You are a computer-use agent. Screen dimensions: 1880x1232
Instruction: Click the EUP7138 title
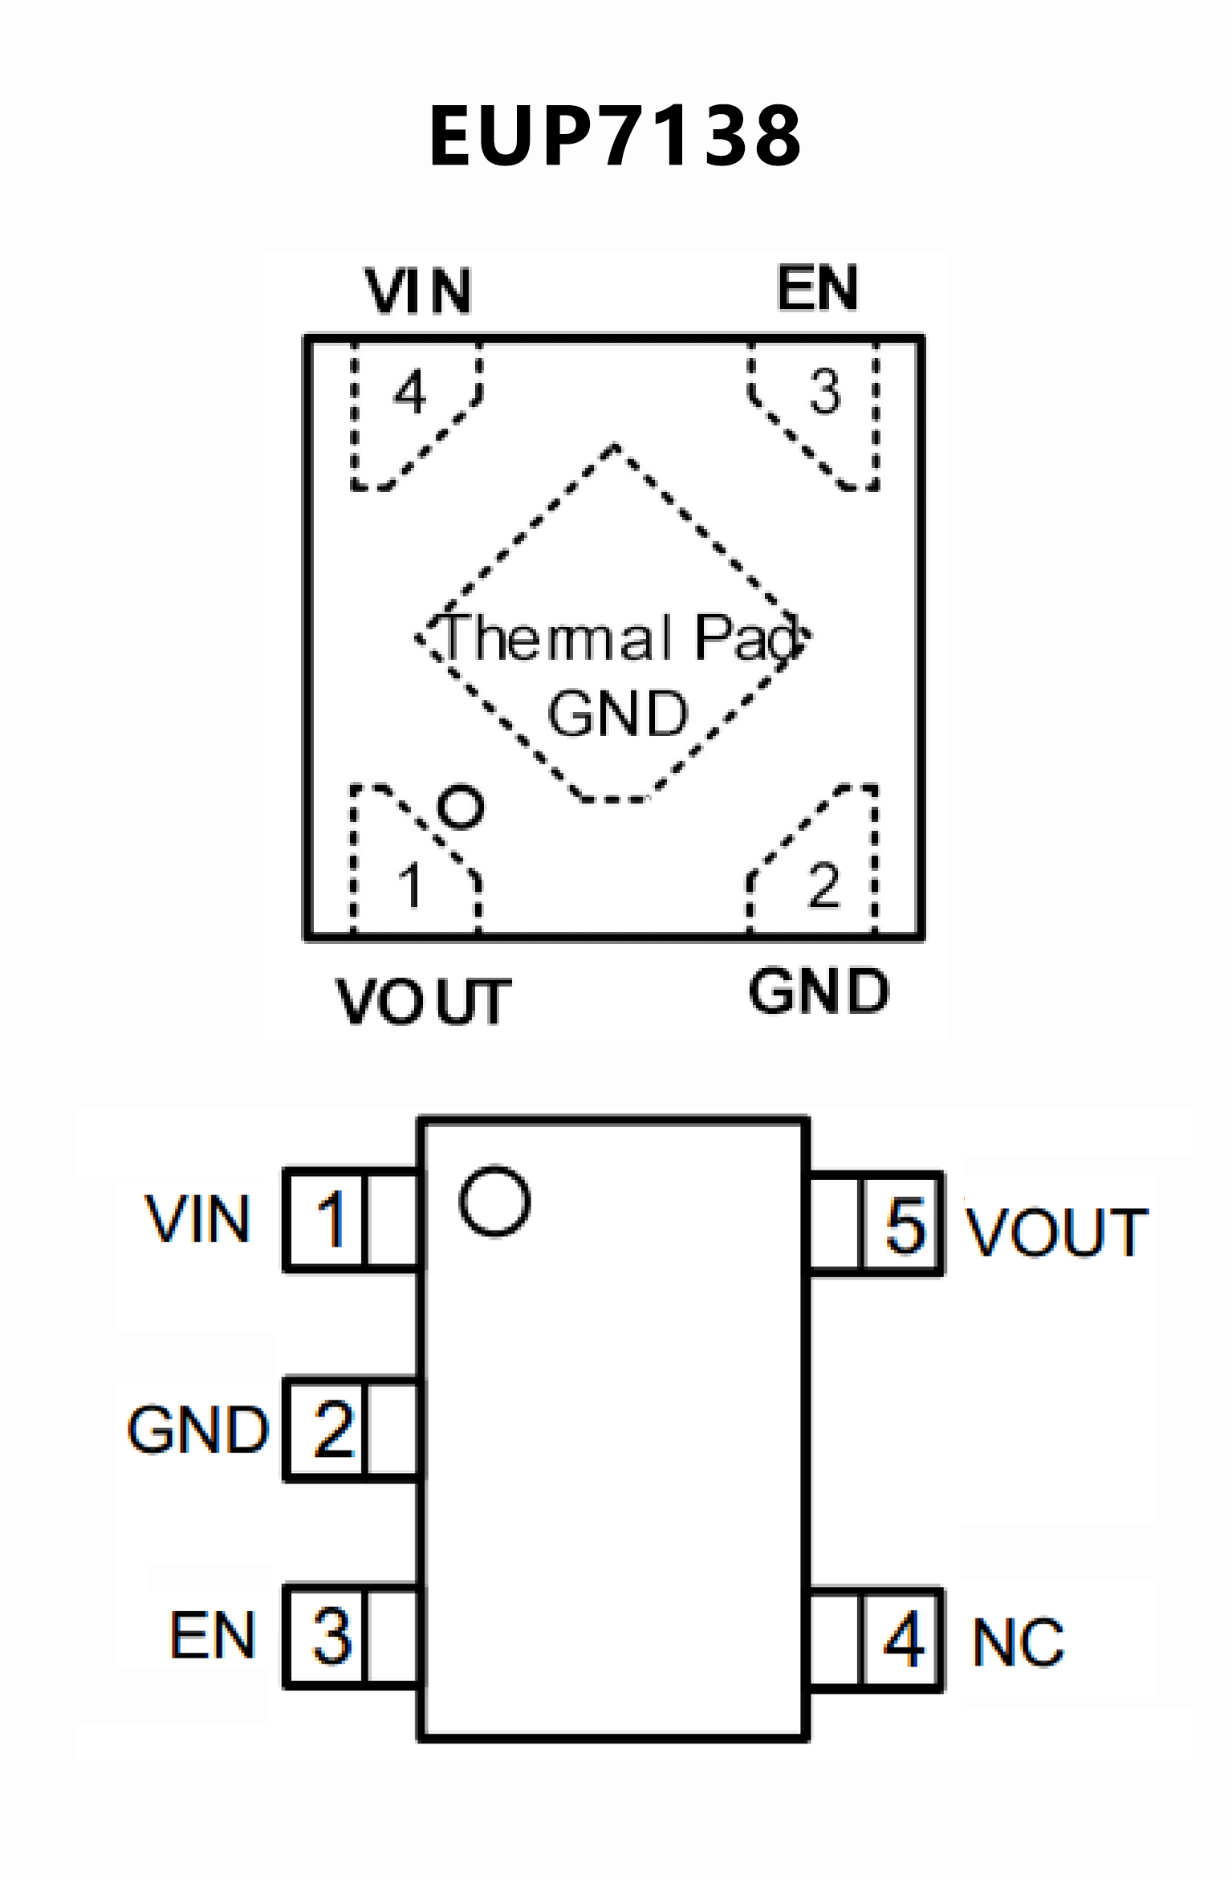pos(615,136)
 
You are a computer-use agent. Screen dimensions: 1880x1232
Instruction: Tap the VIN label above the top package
pos(418,291)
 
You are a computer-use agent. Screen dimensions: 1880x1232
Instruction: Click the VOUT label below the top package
pos(423,1001)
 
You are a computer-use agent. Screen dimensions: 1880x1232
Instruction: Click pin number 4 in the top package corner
pos(410,393)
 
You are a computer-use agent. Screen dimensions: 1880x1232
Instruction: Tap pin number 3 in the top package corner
pos(824,392)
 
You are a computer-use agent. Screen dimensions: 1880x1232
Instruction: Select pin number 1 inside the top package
pos(410,886)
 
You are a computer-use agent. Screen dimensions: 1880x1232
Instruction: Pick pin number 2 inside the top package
pos(823,886)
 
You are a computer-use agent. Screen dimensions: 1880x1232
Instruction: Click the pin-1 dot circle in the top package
pos(461,806)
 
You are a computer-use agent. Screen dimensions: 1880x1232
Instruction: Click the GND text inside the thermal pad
pos(618,713)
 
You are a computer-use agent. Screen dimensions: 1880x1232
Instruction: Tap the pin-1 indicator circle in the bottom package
pos(494,1201)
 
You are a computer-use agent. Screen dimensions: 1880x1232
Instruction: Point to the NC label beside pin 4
pos(1018,1642)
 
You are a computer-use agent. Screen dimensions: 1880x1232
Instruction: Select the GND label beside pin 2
pos(197,1430)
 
